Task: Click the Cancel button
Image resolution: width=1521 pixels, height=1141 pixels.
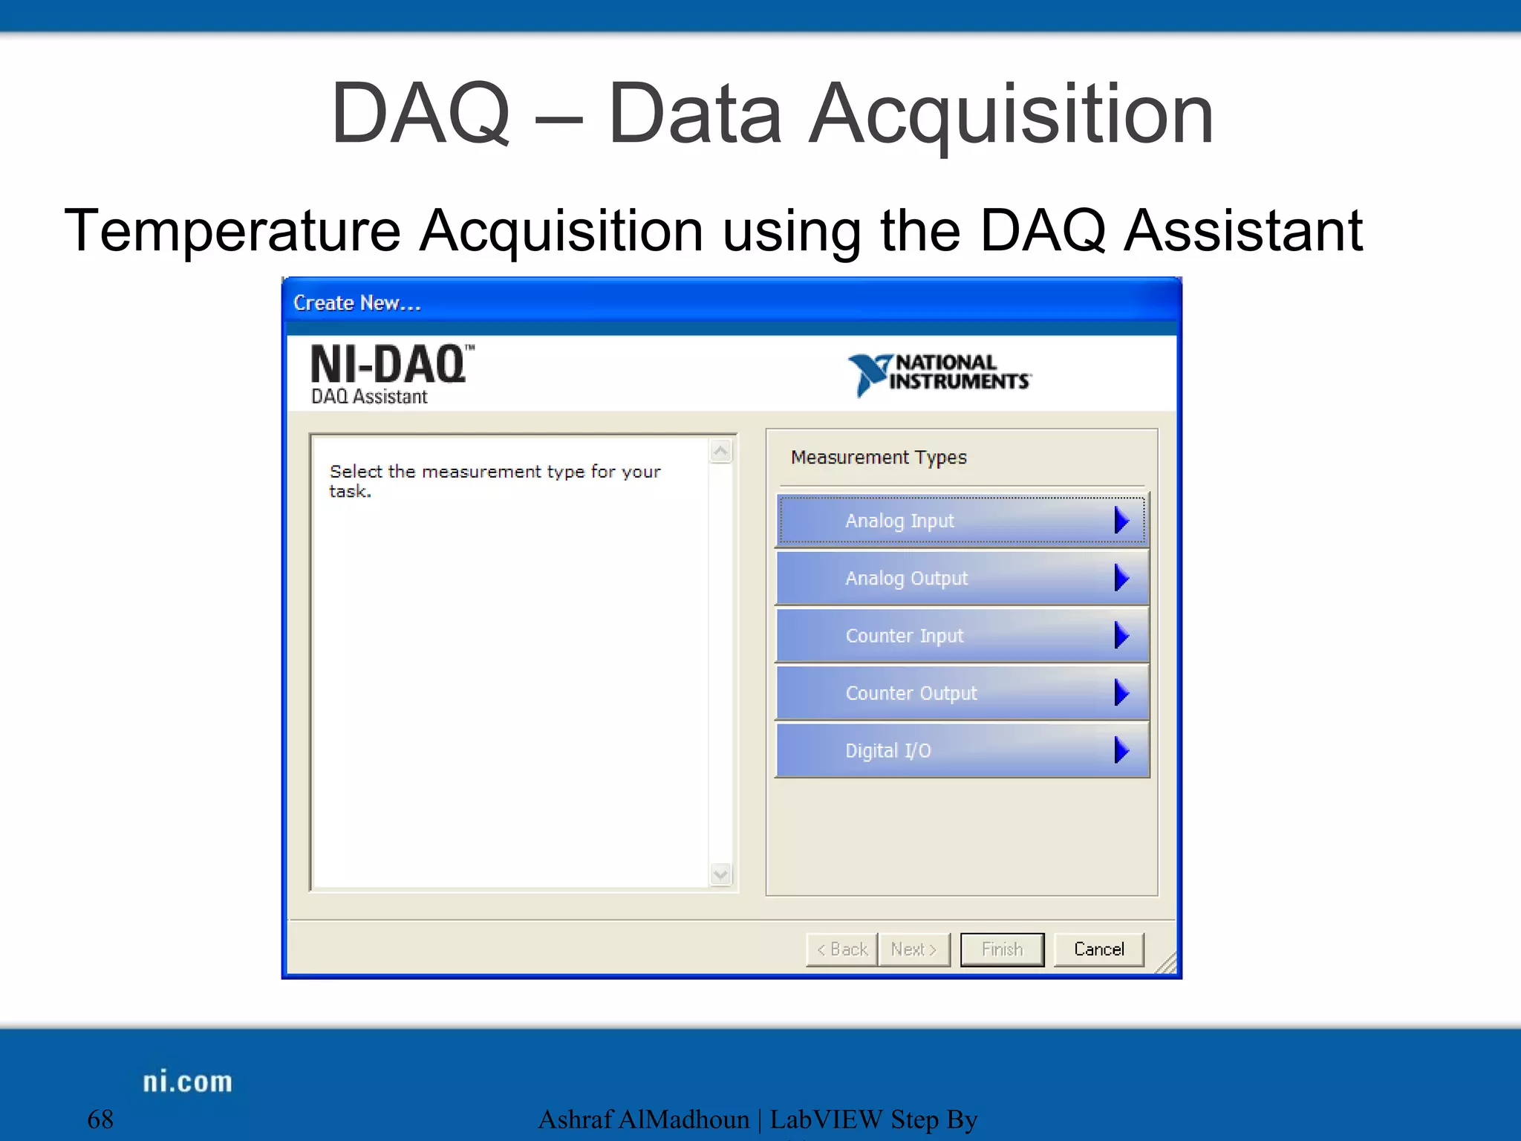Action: (x=1098, y=949)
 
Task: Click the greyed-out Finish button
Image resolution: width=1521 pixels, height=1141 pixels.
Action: (x=1002, y=949)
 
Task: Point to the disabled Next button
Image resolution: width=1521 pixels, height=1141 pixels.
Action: (x=913, y=949)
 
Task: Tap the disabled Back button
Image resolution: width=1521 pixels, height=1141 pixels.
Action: (x=842, y=949)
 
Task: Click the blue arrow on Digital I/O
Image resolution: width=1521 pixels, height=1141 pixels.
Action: (x=1121, y=750)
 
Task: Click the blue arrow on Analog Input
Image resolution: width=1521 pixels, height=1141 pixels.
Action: (x=1121, y=521)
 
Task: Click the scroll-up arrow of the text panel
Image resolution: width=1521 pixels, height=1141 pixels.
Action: (x=720, y=451)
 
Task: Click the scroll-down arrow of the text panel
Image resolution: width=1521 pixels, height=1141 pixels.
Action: (x=720, y=874)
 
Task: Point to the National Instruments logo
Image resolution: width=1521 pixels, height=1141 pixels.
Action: (x=939, y=373)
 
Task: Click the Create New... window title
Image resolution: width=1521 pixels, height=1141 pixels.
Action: (x=356, y=303)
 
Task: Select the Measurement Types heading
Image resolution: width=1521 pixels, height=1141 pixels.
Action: (x=879, y=458)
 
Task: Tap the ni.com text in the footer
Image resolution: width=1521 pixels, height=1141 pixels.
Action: (x=187, y=1082)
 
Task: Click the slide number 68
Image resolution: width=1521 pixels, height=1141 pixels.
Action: (x=100, y=1119)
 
